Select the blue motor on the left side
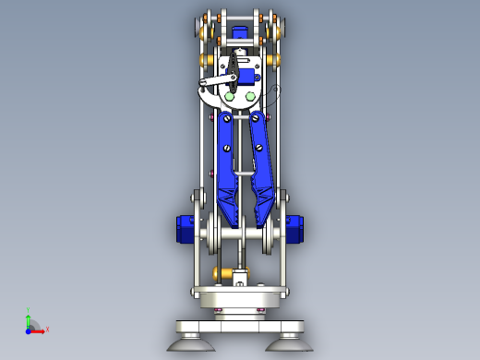(x=182, y=228)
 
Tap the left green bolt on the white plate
(x=230, y=96)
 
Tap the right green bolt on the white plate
(x=250, y=96)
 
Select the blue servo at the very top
(x=240, y=33)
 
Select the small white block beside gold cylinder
(x=242, y=275)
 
